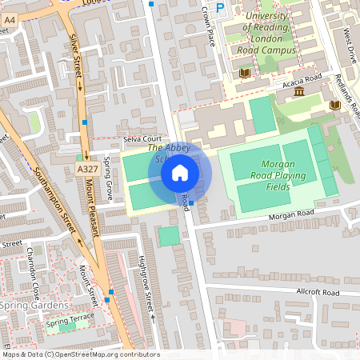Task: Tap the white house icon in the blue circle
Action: [x=180, y=173]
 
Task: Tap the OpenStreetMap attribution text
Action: [x=81, y=354]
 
